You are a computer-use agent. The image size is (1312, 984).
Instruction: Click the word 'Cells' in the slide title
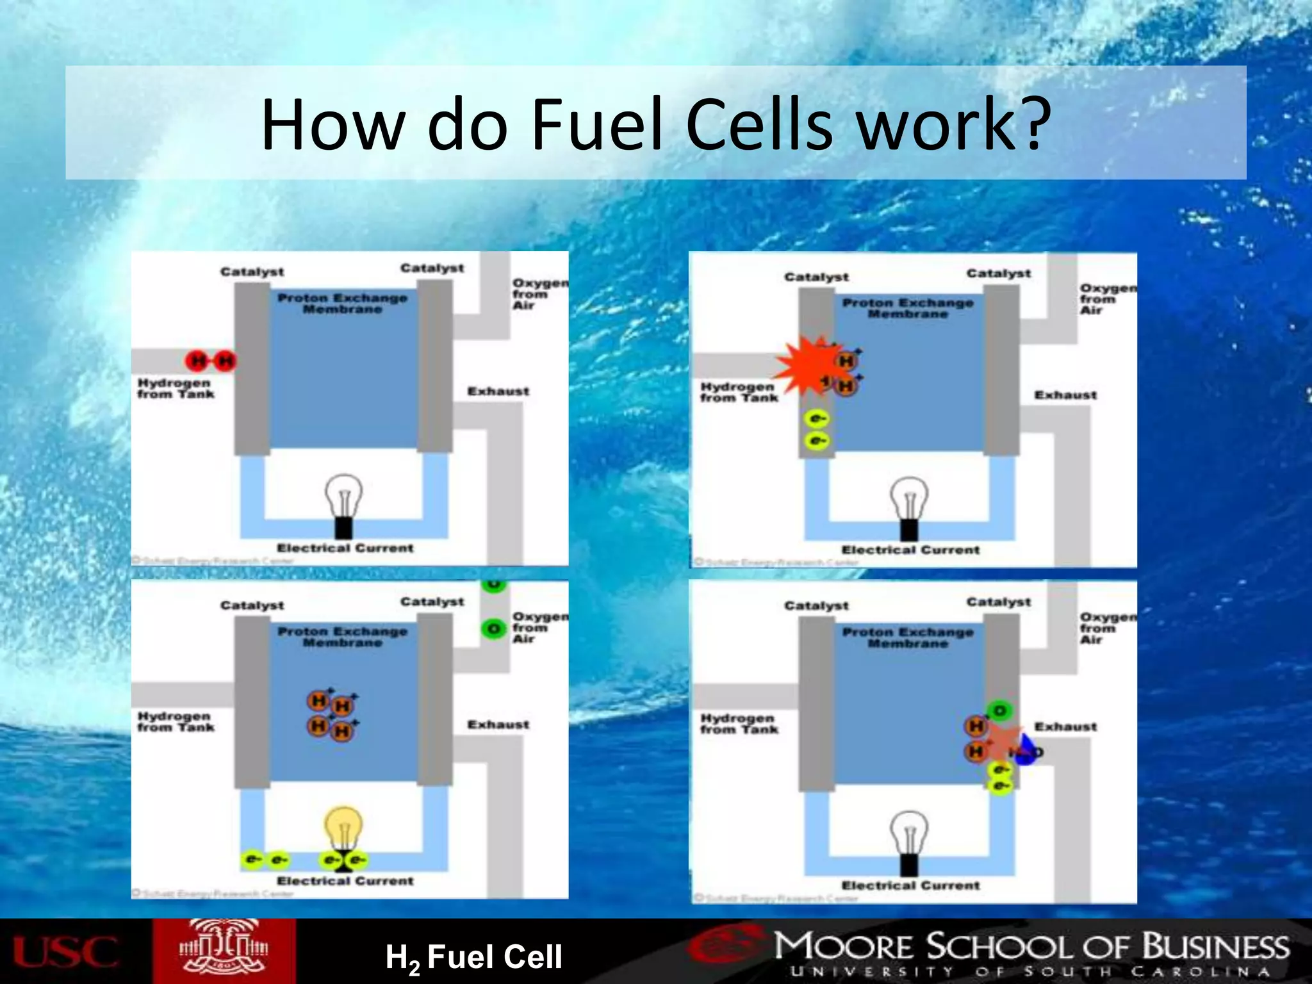[x=760, y=125]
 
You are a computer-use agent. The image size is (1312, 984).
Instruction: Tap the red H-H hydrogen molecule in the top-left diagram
[x=211, y=361]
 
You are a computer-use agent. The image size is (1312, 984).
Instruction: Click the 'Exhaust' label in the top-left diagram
[x=498, y=391]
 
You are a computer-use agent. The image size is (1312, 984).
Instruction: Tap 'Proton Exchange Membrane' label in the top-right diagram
[x=908, y=308]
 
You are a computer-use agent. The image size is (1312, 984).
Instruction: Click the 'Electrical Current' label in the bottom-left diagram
[x=345, y=881]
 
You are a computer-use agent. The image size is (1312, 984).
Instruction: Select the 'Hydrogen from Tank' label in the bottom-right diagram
[x=739, y=724]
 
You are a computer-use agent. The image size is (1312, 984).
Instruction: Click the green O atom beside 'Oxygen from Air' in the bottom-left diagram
[x=493, y=628]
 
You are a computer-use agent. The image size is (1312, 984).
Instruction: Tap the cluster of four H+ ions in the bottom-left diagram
[x=332, y=715]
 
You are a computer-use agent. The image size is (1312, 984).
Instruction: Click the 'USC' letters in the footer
[x=65, y=952]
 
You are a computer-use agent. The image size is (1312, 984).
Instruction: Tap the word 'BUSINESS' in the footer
[x=1215, y=947]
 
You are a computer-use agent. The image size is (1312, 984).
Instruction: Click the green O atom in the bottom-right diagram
[x=999, y=710]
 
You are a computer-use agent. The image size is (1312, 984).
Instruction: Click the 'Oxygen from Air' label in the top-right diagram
[x=1107, y=299]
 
